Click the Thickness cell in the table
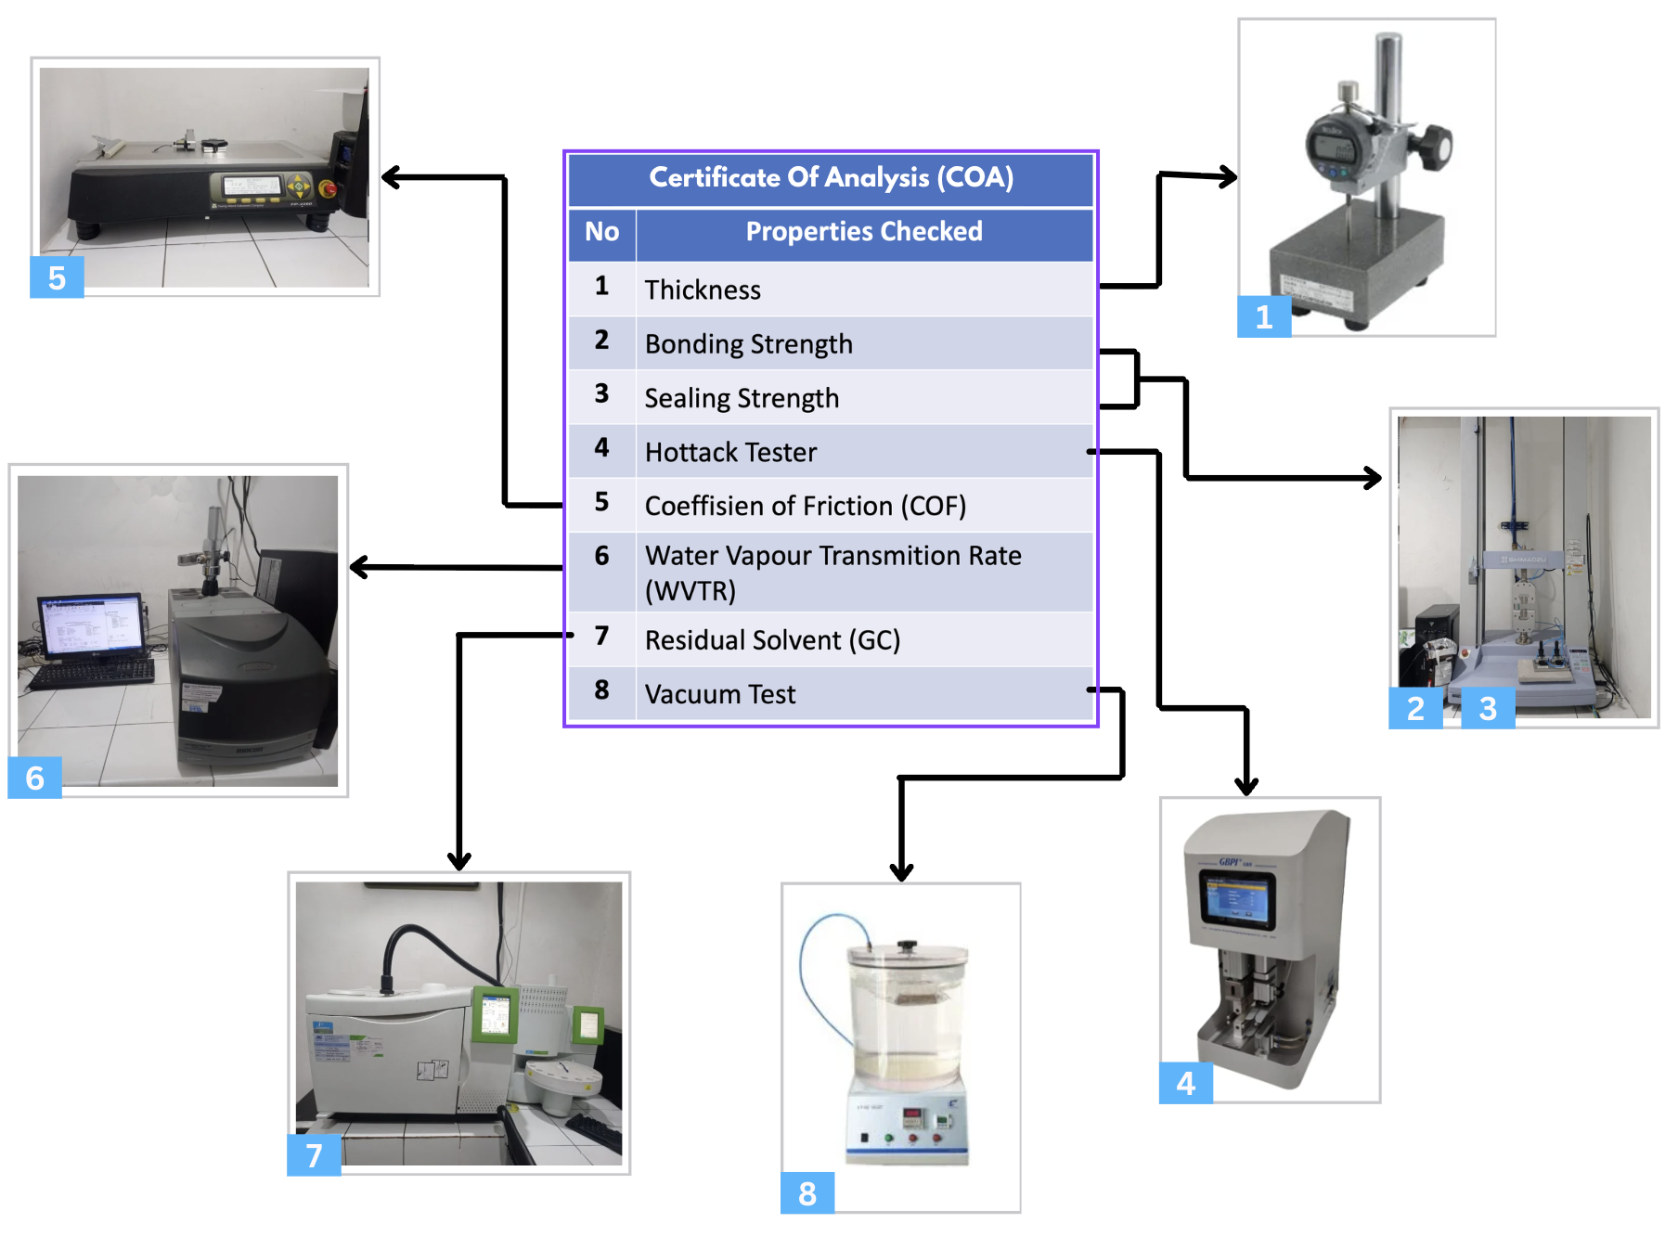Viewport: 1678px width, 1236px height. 703,290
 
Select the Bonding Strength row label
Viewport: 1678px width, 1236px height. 748,344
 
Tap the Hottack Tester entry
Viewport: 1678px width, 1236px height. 730,452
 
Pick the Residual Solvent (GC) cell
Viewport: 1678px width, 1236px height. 772,640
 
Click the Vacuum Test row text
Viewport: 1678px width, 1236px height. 720,694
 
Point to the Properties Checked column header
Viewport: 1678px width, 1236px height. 863,232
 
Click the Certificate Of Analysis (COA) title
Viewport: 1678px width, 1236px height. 831,177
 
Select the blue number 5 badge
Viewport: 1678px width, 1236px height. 57,277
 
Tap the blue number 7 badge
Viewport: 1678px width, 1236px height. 314,1155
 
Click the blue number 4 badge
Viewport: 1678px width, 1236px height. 1185,1084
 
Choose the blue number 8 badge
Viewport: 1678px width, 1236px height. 807,1193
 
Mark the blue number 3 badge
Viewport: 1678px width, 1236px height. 1488,708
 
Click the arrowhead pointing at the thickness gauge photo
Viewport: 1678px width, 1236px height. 1229,176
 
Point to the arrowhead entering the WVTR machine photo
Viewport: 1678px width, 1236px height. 358,567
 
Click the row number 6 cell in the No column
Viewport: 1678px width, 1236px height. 601,556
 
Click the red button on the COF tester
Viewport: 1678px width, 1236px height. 327,189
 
